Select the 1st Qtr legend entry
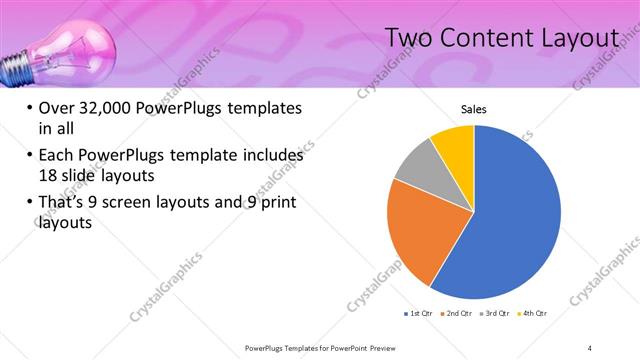417,314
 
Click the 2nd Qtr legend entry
456,314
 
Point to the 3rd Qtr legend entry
496,314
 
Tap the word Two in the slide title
410,38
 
